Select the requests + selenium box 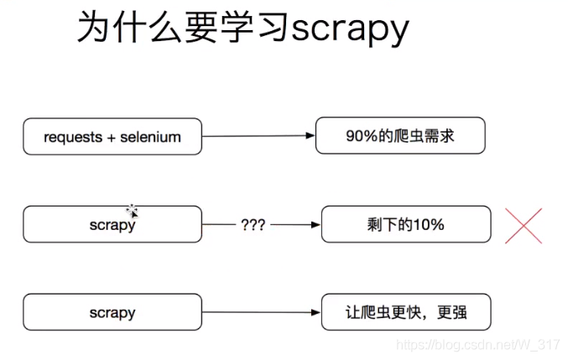click(112, 136)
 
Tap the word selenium click(152, 137)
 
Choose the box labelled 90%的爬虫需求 click(400, 135)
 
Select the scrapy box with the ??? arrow click(112, 224)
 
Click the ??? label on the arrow click(253, 225)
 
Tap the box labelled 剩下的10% click(406, 224)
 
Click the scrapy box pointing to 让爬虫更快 click(112, 312)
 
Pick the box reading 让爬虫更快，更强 click(406, 312)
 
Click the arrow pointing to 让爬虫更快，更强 click(262, 313)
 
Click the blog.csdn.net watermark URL click(477, 345)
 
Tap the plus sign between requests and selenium click(112, 137)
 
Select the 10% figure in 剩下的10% click(429, 224)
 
